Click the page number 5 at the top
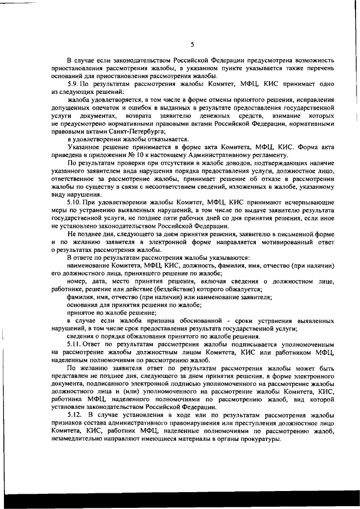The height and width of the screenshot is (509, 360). [x=192, y=45]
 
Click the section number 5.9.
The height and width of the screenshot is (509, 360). [x=74, y=84]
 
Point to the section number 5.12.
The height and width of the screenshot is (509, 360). [x=76, y=415]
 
